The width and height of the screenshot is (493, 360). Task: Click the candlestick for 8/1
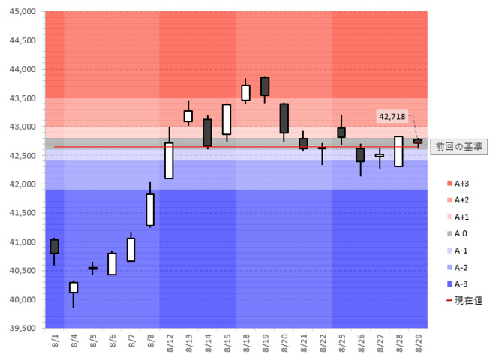54,246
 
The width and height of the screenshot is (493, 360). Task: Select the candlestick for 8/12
169,160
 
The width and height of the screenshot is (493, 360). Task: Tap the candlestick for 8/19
265,86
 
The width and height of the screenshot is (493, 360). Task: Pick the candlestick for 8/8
150,209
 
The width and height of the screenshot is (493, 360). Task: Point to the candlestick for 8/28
398,151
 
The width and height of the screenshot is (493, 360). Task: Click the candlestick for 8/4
74,287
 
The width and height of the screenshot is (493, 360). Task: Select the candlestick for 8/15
227,119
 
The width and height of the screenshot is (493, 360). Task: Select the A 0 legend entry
460,233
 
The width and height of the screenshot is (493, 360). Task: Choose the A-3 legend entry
460,283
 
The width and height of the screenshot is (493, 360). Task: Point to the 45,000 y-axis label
22,13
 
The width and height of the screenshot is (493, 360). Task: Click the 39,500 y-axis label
22,328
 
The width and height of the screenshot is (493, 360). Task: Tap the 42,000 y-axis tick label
22,184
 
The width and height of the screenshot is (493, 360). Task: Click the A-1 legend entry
460,250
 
